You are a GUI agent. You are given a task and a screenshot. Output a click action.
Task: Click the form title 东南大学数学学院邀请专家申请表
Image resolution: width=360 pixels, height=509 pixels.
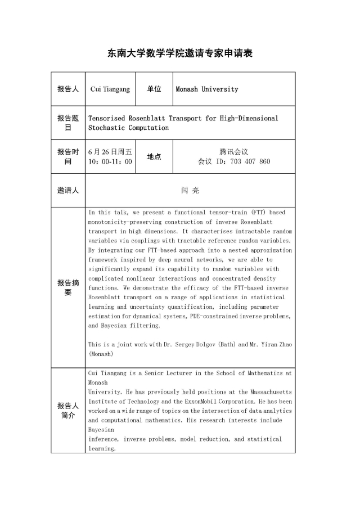180,53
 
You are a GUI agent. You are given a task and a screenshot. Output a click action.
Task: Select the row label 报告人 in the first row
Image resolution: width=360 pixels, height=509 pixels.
67,89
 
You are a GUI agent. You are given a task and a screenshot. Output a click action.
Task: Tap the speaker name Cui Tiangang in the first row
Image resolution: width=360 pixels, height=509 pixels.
110,89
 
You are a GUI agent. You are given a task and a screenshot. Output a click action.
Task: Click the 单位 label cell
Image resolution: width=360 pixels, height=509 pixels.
154,89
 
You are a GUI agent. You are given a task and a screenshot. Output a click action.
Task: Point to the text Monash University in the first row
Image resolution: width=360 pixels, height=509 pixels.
207,89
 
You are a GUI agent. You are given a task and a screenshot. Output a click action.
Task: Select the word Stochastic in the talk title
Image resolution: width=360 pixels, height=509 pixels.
106,128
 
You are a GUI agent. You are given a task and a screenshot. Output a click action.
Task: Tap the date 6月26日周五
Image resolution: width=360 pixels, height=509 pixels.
110,152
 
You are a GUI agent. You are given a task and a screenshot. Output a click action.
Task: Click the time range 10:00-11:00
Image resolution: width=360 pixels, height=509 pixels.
110,161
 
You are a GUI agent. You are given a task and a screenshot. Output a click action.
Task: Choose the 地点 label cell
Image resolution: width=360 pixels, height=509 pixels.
154,156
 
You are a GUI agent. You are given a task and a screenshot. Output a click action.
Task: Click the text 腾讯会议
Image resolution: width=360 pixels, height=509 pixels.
234,152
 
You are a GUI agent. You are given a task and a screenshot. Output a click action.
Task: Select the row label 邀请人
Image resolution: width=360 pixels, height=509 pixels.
67,191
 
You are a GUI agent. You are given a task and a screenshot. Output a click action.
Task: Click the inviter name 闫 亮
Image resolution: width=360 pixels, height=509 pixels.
190,191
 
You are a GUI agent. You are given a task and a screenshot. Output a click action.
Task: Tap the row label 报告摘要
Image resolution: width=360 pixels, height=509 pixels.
67,287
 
